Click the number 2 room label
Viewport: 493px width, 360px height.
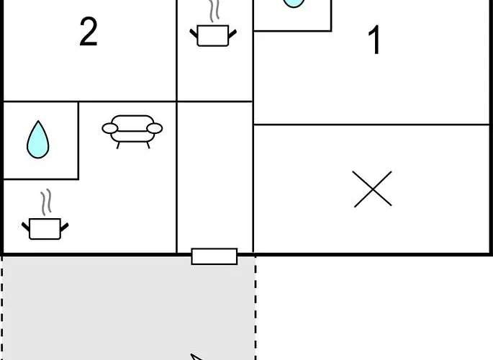(x=89, y=32)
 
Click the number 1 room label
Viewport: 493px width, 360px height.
(x=374, y=40)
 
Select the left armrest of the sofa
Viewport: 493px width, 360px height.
(x=110, y=128)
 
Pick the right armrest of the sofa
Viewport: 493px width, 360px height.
(x=154, y=128)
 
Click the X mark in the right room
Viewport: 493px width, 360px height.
(x=373, y=189)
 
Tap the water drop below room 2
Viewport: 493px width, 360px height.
(x=37, y=140)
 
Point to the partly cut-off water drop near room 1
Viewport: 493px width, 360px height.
(x=294, y=3)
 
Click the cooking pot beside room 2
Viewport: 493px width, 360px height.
(x=213, y=35)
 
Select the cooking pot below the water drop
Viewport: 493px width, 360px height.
(x=45, y=228)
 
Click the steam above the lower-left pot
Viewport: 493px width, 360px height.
(x=46, y=202)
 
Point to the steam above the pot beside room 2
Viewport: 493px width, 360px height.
(x=214, y=11)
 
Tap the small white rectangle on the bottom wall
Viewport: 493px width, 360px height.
(x=214, y=256)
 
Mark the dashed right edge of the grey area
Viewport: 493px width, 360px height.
(x=255, y=308)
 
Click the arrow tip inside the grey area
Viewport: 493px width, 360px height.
(x=191, y=355)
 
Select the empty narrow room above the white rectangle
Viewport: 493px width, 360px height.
(x=215, y=176)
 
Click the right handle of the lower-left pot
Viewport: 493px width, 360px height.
(x=65, y=227)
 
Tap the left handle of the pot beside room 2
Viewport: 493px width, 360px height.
(x=194, y=33)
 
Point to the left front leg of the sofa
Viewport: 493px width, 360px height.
(x=118, y=145)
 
